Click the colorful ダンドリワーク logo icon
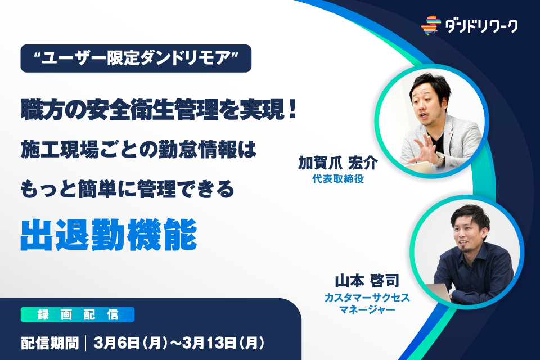click(x=431, y=25)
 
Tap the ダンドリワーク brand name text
click(x=481, y=26)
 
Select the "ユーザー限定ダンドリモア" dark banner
click(x=136, y=58)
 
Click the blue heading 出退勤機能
click(x=109, y=235)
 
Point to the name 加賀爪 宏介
click(x=338, y=163)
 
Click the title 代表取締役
click(x=338, y=179)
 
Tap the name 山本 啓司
click(x=367, y=281)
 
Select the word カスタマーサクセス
click(x=367, y=298)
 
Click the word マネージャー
click(x=367, y=309)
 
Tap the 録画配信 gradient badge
click(x=78, y=314)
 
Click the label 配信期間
click(x=50, y=343)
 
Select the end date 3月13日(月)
click(x=223, y=343)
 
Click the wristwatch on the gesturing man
click(x=440, y=159)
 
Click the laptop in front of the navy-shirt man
click(x=438, y=293)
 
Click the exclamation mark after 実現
click(x=292, y=109)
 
